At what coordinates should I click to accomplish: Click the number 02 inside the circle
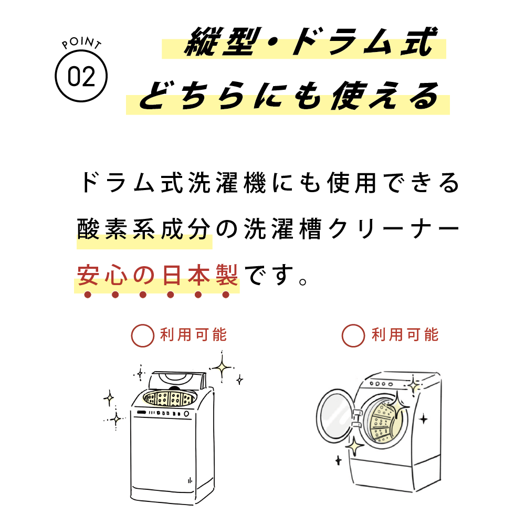click(81, 76)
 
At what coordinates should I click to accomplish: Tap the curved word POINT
click(81, 43)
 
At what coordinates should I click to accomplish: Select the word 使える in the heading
click(385, 96)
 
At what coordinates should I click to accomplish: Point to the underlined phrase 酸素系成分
click(144, 229)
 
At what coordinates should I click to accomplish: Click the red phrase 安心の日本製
click(157, 275)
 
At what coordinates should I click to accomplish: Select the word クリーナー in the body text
click(393, 230)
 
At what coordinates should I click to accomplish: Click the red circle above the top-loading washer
click(143, 335)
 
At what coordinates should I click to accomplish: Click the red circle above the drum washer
click(353, 335)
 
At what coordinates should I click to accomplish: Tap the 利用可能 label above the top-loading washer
click(194, 335)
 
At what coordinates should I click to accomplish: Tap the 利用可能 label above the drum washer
click(405, 335)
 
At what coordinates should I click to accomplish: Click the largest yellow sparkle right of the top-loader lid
click(222, 367)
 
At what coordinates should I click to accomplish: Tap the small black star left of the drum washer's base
click(339, 460)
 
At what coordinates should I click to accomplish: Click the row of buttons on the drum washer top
click(381, 384)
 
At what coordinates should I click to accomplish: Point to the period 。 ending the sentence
click(303, 282)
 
